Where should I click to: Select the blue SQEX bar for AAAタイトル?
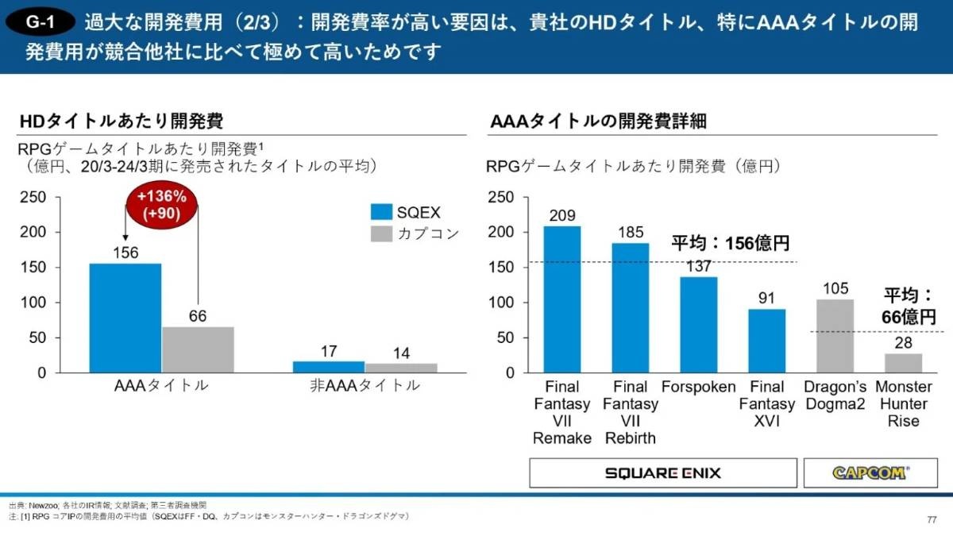tap(125, 318)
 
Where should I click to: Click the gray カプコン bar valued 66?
tap(198, 349)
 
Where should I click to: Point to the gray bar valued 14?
tap(401, 368)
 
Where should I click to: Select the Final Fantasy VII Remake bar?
tap(562, 299)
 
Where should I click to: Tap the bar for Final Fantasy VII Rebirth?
tap(630, 307)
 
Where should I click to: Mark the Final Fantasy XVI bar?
tap(766, 341)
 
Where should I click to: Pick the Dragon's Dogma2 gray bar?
tap(835, 336)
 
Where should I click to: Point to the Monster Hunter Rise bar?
tap(903, 363)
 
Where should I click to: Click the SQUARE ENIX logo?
tap(663, 473)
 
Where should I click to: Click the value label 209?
tap(562, 215)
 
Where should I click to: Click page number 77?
tap(931, 520)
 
